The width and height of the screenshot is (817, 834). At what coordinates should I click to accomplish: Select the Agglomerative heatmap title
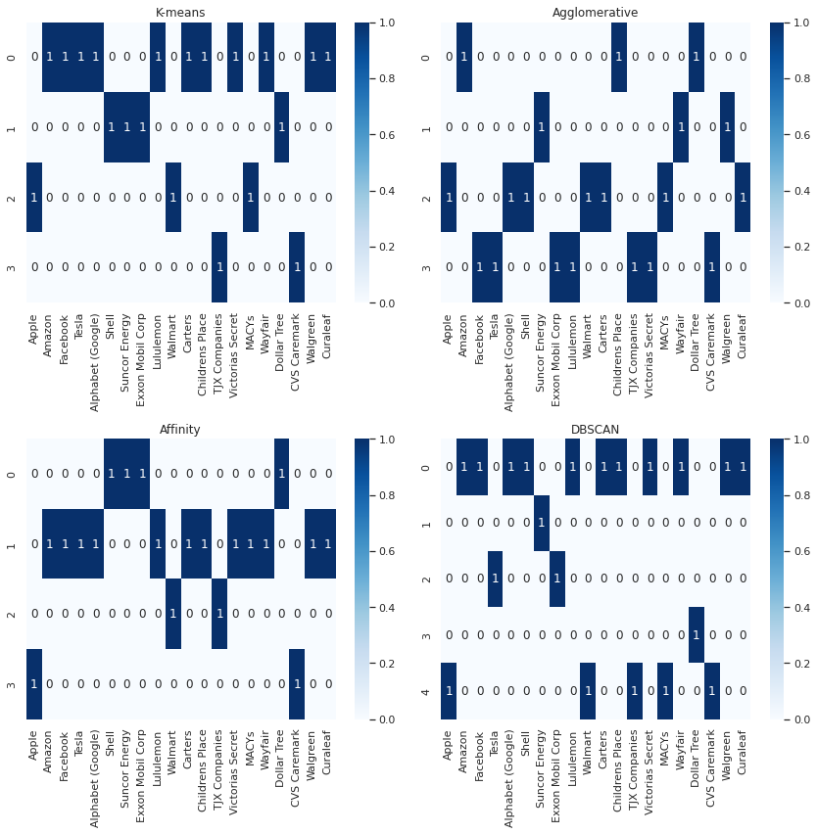(x=595, y=13)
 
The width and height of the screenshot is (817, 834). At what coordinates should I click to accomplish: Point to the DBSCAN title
(x=595, y=430)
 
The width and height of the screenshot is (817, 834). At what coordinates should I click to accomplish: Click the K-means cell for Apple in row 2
(x=34, y=197)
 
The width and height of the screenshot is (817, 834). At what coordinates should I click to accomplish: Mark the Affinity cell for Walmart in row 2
(x=173, y=614)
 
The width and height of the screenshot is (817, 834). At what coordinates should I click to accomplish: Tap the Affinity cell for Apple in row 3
(x=34, y=683)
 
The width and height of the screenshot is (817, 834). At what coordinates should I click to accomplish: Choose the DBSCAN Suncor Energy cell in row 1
(x=541, y=523)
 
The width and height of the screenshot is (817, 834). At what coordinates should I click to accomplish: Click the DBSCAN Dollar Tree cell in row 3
(x=696, y=634)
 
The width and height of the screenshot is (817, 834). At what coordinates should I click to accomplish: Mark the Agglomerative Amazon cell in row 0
(x=463, y=57)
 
